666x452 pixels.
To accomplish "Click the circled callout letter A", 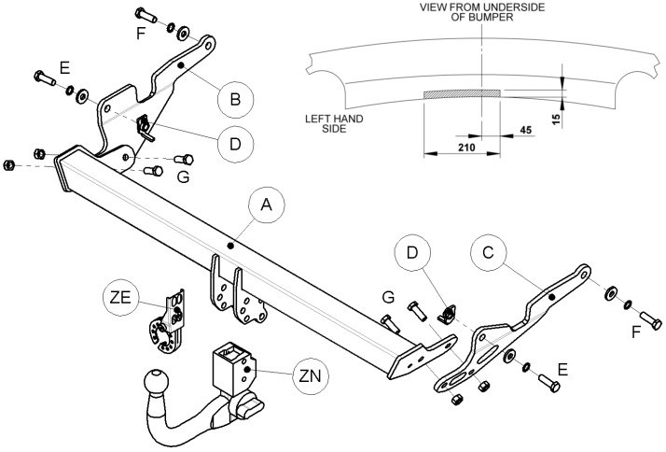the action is tap(267, 205).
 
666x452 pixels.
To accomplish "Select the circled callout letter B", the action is tap(235, 100).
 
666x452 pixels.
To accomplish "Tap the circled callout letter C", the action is tap(488, 252).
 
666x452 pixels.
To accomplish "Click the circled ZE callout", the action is tap(120, 298).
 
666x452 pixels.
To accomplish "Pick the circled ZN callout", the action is tap(311, 375).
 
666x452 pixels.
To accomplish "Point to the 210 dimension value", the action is tap(466, 148).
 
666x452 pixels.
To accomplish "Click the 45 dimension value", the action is tap(526, 130).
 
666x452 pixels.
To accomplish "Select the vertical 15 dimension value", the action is tap(557, 118).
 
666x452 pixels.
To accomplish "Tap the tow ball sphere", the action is tap(157, 381).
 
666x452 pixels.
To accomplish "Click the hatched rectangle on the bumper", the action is tap(462, 94).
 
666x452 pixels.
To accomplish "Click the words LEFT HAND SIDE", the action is tap(334, 123).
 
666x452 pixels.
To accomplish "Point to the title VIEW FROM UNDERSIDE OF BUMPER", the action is tap(482, 12).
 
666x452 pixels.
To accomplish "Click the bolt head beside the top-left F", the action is tap(140, 13).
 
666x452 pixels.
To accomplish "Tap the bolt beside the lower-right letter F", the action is tap(651, 320).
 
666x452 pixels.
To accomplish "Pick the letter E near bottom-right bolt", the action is tap(562, 370).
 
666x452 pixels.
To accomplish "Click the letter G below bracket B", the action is tap(183, 177).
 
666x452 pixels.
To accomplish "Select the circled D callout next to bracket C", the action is tap(412, 252).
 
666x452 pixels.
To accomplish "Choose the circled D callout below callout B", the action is tap(235, 144).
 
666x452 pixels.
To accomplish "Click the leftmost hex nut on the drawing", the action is tap(8, 165).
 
